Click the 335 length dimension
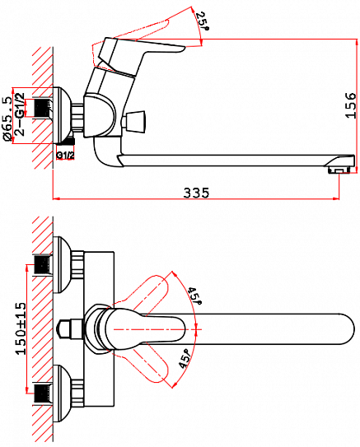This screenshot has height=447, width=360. click(196, 193)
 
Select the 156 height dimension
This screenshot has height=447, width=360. click(349, 105)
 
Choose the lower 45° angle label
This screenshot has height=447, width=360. click(186, 357)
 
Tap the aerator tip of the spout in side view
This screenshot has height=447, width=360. click(339, 168)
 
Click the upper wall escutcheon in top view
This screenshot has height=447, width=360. click(60, 263)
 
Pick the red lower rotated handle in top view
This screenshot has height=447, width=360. click(157, 362)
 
